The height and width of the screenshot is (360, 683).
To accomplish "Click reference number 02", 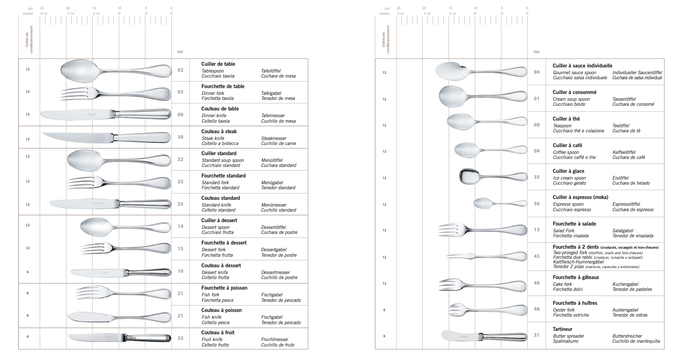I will [180, 70].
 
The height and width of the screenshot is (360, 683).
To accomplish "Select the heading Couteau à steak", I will [219, 132].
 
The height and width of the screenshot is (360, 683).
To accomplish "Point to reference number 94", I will [536, 72].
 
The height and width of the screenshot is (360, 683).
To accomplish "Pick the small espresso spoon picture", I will [499, 204].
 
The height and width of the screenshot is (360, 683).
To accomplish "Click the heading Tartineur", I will [562, 329].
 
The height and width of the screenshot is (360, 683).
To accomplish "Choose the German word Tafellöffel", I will [271, 71].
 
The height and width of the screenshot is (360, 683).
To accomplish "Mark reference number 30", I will [180, 137].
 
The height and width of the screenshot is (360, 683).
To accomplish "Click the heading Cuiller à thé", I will [566, 119].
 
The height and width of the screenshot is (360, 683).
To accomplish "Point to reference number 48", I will [536, 309].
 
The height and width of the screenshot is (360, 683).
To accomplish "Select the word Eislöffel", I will [620, 178].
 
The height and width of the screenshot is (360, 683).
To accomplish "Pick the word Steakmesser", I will [273, 138].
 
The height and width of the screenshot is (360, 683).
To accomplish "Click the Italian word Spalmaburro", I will [565, 341].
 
